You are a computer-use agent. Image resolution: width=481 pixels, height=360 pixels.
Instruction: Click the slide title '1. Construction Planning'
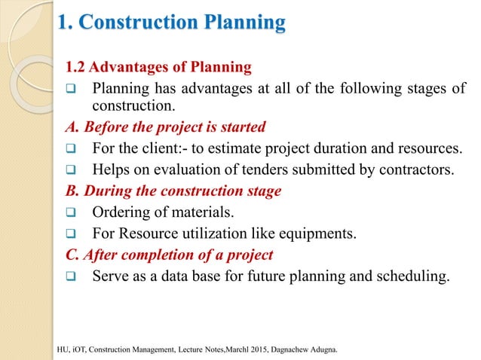click(172, 22)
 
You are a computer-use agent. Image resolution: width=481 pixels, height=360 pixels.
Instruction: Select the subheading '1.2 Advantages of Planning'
click(160, 69)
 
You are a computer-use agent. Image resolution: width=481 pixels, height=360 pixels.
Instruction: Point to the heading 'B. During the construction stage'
click(173, 191)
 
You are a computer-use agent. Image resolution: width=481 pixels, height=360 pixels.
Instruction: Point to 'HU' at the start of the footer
click(63, 351)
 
